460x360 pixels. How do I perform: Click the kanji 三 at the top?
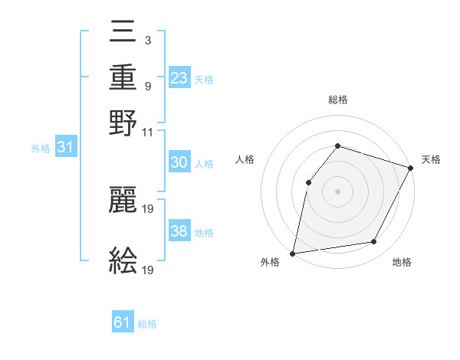pos(123,31)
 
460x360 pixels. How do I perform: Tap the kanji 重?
pos(123,77)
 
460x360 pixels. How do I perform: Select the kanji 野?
pos(123,123)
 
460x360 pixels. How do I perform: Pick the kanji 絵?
pos(123,260)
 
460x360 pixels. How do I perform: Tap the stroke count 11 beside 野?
pos(148,132)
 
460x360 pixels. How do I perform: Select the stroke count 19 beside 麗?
pos(149,208)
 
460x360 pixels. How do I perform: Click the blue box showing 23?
pos(179,77)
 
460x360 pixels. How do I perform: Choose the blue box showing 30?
pos(179,162)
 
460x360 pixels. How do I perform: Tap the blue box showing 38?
pos(179,231)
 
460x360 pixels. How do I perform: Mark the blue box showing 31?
pos(65,147)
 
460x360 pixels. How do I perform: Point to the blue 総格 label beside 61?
pos(147,324)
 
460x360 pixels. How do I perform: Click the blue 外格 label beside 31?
pos(41,149)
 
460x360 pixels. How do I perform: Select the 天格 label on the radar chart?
pos(432,159)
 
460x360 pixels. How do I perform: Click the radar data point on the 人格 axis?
pos(308,182)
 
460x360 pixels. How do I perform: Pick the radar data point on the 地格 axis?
pos(374,242)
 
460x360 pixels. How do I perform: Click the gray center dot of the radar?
pos(337,191)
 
